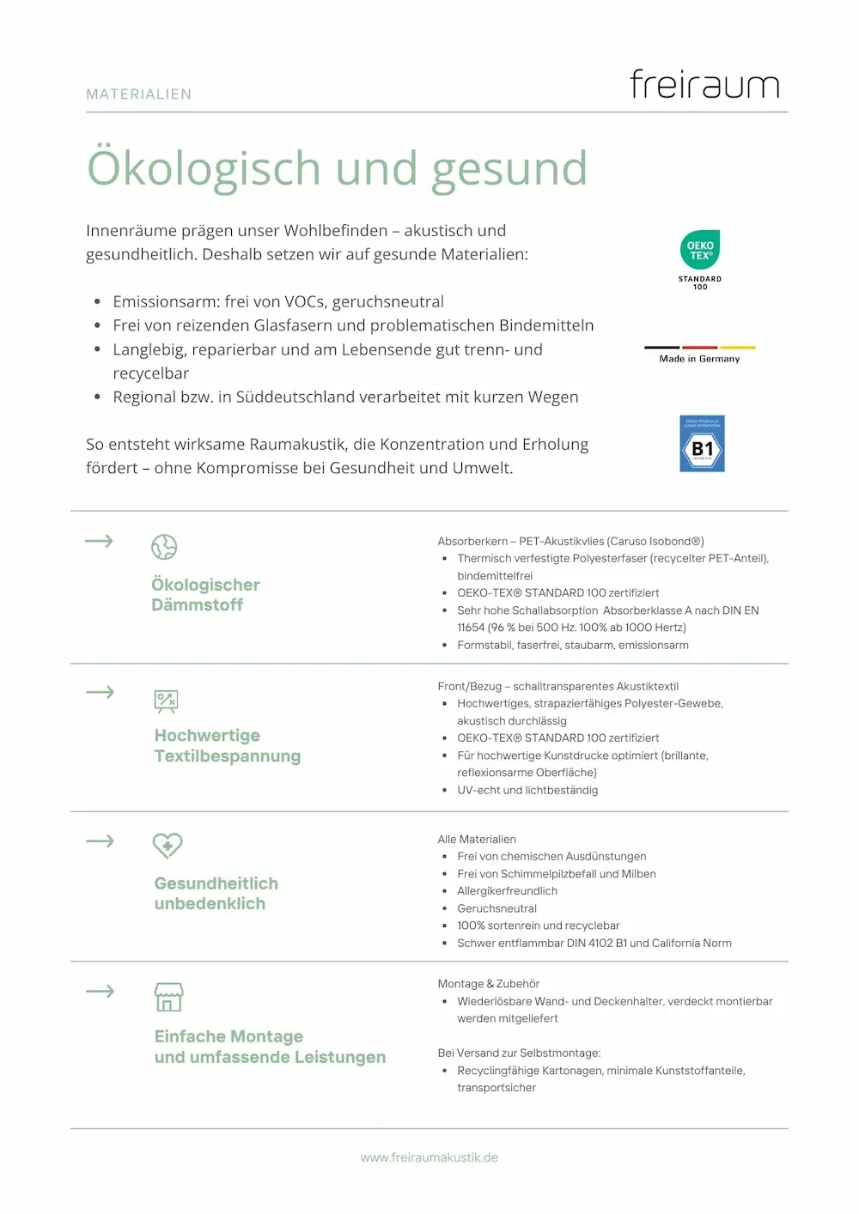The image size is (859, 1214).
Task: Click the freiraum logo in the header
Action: click(704, 84)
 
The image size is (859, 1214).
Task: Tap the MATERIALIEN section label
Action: click(139, 94)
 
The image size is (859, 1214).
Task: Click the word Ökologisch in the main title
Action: click(204, 168)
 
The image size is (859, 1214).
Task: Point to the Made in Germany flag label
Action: click(699, 355)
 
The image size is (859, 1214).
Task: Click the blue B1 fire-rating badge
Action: click(702, 444)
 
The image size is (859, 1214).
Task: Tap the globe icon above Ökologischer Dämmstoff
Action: click(164, 547)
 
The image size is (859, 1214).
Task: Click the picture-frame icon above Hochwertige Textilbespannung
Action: click(166, 701)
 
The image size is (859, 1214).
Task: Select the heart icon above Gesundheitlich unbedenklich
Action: click(168, 846)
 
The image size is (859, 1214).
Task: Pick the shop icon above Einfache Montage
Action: click(168, 997)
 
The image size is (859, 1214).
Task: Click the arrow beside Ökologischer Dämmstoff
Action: click(100, 541)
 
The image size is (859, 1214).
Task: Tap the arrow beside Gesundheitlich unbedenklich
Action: click(101, 841)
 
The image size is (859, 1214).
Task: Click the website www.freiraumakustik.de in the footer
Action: click(429, 1157)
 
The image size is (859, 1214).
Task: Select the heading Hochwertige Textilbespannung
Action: click(227, 746)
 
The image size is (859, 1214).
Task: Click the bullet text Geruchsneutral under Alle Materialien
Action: click(497, 908)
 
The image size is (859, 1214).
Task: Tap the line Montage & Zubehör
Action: click(489, 984)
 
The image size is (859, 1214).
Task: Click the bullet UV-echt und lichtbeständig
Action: click(527, 790)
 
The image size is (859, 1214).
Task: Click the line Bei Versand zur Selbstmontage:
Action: click(519, 1053)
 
